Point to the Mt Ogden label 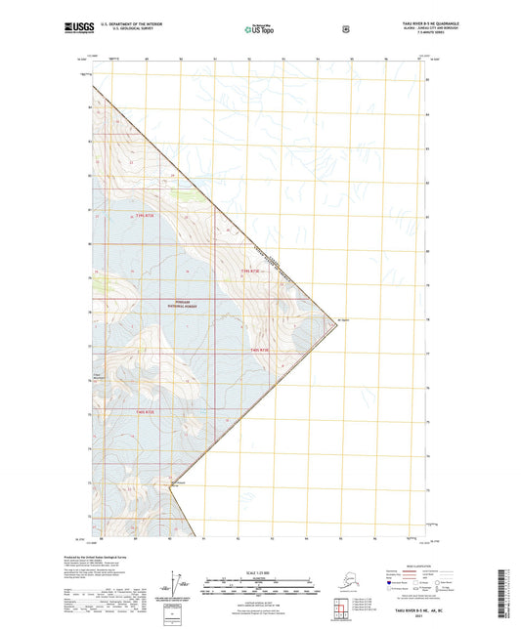(x=343, y=317)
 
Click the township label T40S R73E (x=258, y=350)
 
